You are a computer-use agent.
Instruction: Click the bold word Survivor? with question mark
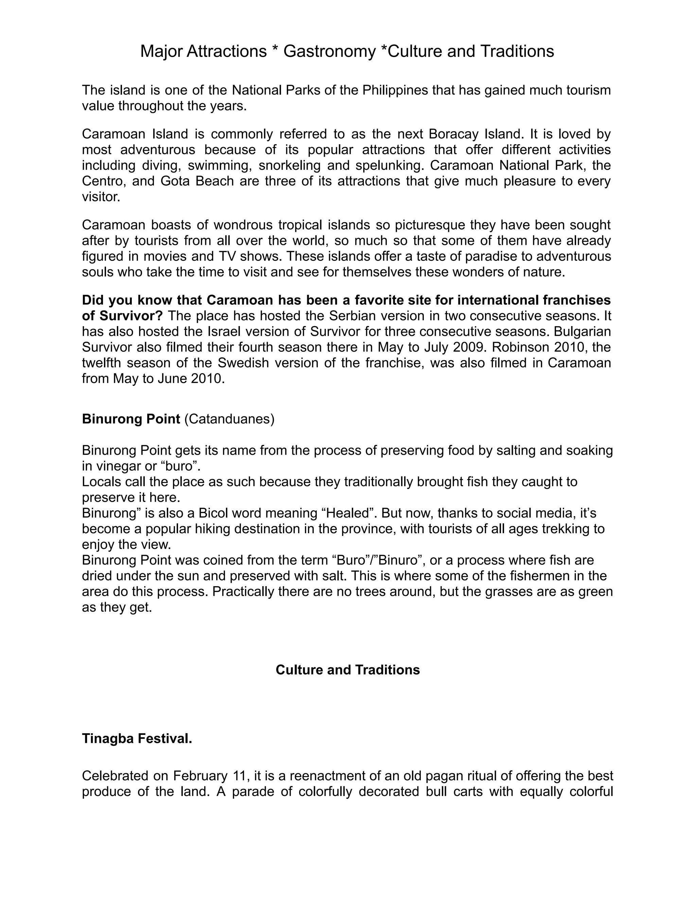(x=131, y=316)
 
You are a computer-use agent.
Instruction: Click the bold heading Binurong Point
(x=131, y=419)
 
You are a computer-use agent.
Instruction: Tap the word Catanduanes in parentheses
(x=229, y=419)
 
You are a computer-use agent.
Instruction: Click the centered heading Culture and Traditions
(x=348, y=670)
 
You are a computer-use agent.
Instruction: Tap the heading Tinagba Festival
(x=137, y=739)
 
